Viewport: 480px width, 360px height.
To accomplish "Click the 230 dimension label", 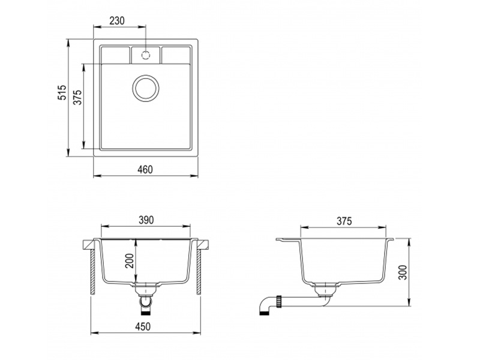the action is pyautogui.click(x=117, y=21).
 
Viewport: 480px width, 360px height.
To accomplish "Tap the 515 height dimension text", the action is pyautogui.click(x=62, y=92).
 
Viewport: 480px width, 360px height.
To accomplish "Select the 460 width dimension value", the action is pyautogui.click(x=145, y=170).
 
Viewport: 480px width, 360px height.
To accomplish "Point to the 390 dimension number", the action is pyautogui.click(x=146, y=220).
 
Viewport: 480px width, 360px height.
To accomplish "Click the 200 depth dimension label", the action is pyautogui.click(x=130, y=260).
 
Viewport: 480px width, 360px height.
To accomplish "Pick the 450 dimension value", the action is pyautogui.click(x=143, y=326).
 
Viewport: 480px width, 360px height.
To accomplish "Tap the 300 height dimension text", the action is pyautogui.click(x=404, y=272).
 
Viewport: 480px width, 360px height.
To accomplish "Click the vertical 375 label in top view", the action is pyautogui.click(x=78, y=97).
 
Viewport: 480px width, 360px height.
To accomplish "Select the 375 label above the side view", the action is pyautogui.click(x=344, y=221).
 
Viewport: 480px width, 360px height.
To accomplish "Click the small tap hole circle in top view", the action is pyautogui.click(x=146, y=55).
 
